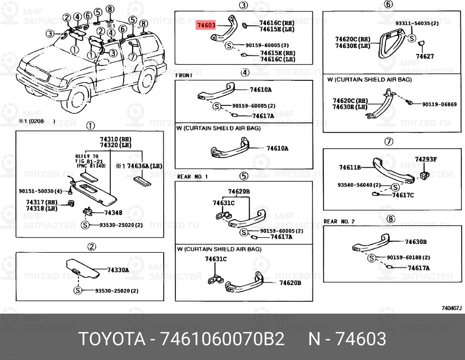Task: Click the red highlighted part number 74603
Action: tap(206, 26)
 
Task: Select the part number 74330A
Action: tap(118, 270)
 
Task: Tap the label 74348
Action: tap(113, 213)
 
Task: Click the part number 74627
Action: tap(425, 56)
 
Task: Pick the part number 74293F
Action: tap(425, 159)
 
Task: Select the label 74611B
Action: tap(350, 167)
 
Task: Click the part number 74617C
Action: tap(403, 195)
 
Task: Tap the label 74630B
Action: tap(416, 242)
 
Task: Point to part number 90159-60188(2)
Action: tap(408, 257)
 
